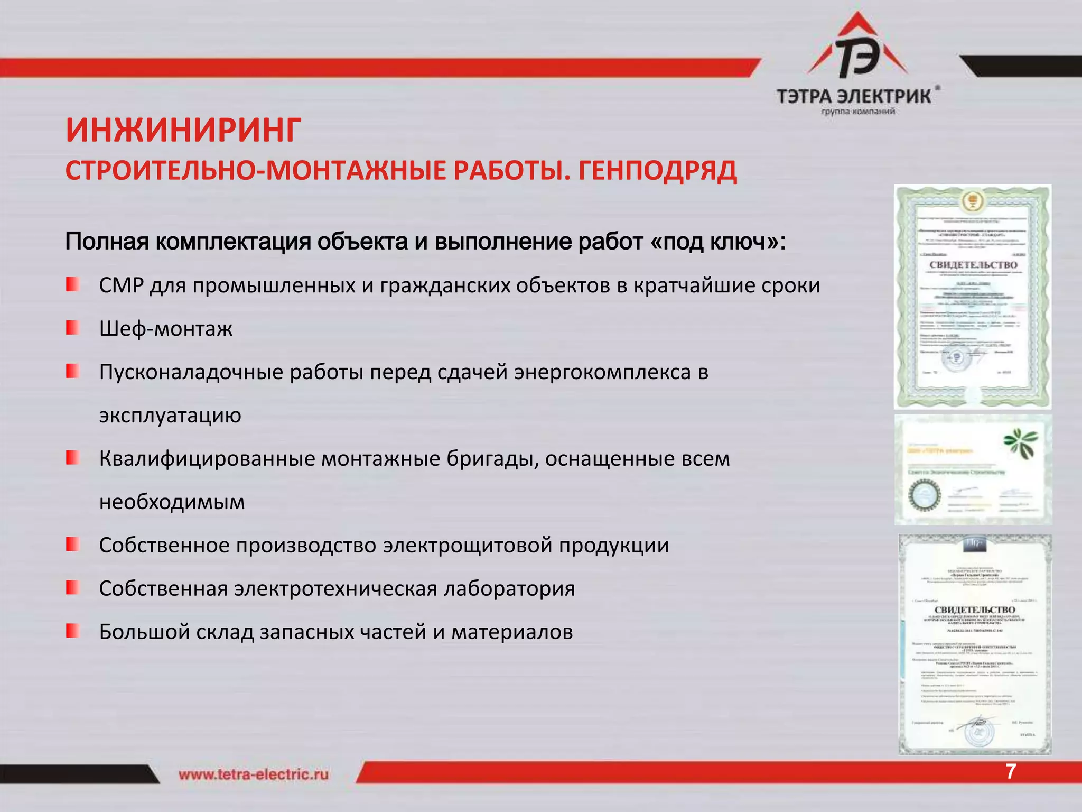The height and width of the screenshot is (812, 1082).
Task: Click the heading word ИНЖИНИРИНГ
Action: [183, 131]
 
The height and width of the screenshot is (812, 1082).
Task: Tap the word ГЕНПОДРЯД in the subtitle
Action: [657, 171]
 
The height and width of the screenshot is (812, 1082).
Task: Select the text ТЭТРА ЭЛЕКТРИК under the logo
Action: [854, 97]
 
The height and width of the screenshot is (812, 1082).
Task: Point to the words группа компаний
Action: [858, 112]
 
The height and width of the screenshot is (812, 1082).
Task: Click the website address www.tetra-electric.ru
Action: [254, 774]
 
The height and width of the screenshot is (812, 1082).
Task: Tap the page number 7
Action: [1010, 772]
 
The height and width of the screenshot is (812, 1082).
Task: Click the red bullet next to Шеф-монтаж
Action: [72, 328]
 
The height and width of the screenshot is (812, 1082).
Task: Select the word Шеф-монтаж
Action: [166, 329]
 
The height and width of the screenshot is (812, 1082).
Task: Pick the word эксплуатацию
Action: [170, 416]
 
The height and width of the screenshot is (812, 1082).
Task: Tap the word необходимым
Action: [172, 502]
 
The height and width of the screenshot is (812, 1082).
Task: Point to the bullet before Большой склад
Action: [72, 631]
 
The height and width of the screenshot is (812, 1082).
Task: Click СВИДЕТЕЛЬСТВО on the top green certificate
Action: [973, 264]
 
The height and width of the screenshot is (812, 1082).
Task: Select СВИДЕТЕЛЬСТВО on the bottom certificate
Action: [975, 610]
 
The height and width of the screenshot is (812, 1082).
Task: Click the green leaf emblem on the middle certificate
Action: [1020, 443]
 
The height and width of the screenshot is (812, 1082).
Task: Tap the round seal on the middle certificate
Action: [924, 495]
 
